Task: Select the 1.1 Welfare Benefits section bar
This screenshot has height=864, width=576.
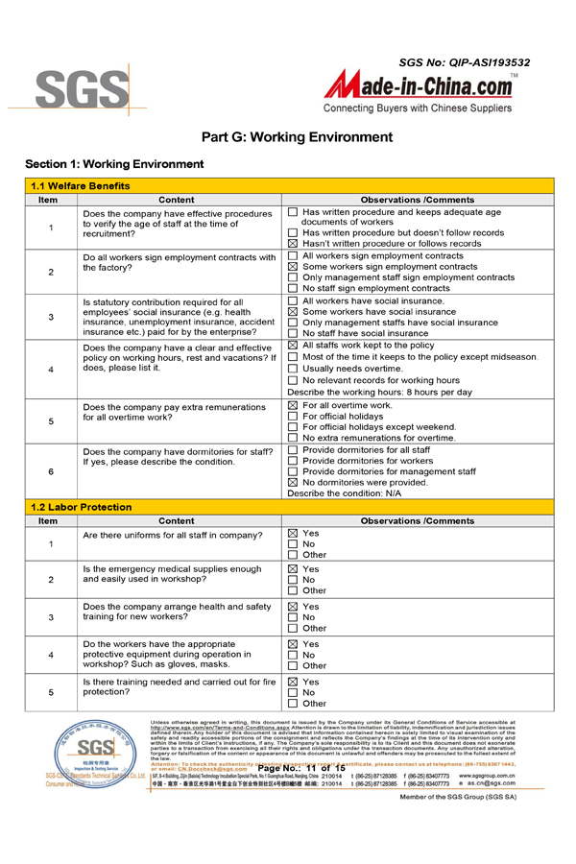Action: point(288,185)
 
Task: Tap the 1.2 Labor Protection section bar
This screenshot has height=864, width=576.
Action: point(288,507)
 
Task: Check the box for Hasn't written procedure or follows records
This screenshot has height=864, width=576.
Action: point(294,244)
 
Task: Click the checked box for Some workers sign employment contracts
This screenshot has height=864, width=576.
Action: point(294,267)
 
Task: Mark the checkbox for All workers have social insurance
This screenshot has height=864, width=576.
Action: point(294,301)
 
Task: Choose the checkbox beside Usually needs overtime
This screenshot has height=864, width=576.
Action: point(294,369)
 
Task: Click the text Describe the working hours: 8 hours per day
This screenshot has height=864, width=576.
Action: point(379,392)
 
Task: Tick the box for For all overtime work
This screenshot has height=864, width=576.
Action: point(294,405)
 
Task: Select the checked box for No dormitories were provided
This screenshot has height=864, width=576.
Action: point(294,483)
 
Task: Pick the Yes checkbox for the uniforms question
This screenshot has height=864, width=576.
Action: point(294,533)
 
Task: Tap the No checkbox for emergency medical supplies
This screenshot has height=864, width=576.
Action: point(294,580)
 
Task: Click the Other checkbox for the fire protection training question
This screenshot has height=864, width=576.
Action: point(294,703)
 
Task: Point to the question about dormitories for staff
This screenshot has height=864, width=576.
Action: point(178,456)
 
